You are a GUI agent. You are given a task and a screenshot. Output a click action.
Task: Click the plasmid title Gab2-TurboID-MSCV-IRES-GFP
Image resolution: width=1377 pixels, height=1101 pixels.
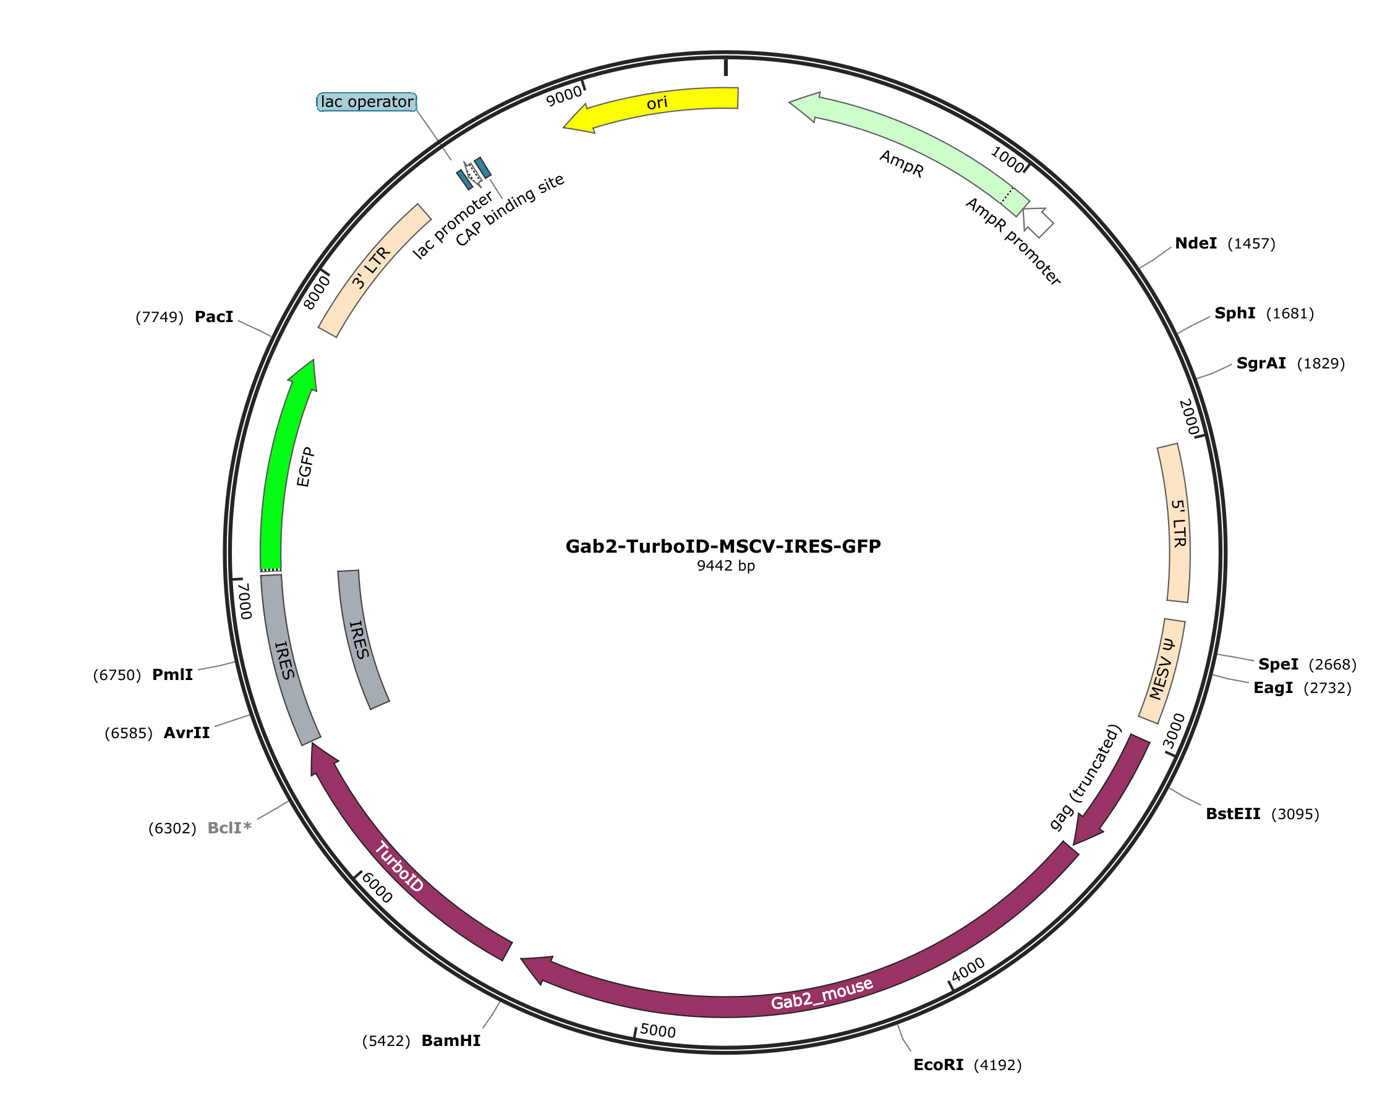click(x=723, y=546)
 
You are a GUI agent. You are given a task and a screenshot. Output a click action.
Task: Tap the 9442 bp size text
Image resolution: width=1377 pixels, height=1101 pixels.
click(x=725, y=566)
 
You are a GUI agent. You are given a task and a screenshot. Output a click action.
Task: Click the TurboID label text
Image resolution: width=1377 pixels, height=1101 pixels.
click(x=399, y=867)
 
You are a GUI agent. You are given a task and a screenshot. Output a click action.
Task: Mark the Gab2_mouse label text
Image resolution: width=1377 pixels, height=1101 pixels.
click(x=822, y=994)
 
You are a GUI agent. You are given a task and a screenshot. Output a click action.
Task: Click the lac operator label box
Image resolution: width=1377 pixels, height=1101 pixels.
click(x=367, y=102)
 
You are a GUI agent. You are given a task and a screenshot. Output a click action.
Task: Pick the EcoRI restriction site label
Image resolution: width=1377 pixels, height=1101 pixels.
click(x=938, y=1065)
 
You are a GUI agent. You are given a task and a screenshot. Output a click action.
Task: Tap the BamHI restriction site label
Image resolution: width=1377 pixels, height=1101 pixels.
click(x=451, y=1040)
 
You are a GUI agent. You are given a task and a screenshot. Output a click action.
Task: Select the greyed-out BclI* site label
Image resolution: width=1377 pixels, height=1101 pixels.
click(x=229, y=828)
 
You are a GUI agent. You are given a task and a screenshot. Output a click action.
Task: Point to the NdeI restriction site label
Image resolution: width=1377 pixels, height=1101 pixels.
click(x=1196, y=244)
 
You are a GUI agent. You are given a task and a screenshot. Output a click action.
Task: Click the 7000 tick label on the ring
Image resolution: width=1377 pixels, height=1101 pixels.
click(x=244, y=600)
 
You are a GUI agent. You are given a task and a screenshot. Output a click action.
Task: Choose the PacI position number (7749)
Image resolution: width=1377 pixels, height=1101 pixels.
click(x=160, y=317)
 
